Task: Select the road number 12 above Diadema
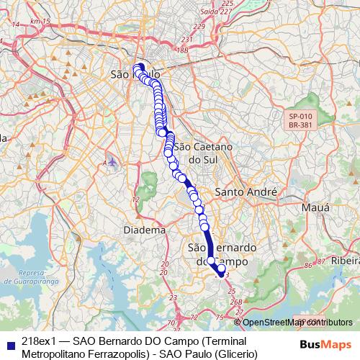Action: coord(135,199)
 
